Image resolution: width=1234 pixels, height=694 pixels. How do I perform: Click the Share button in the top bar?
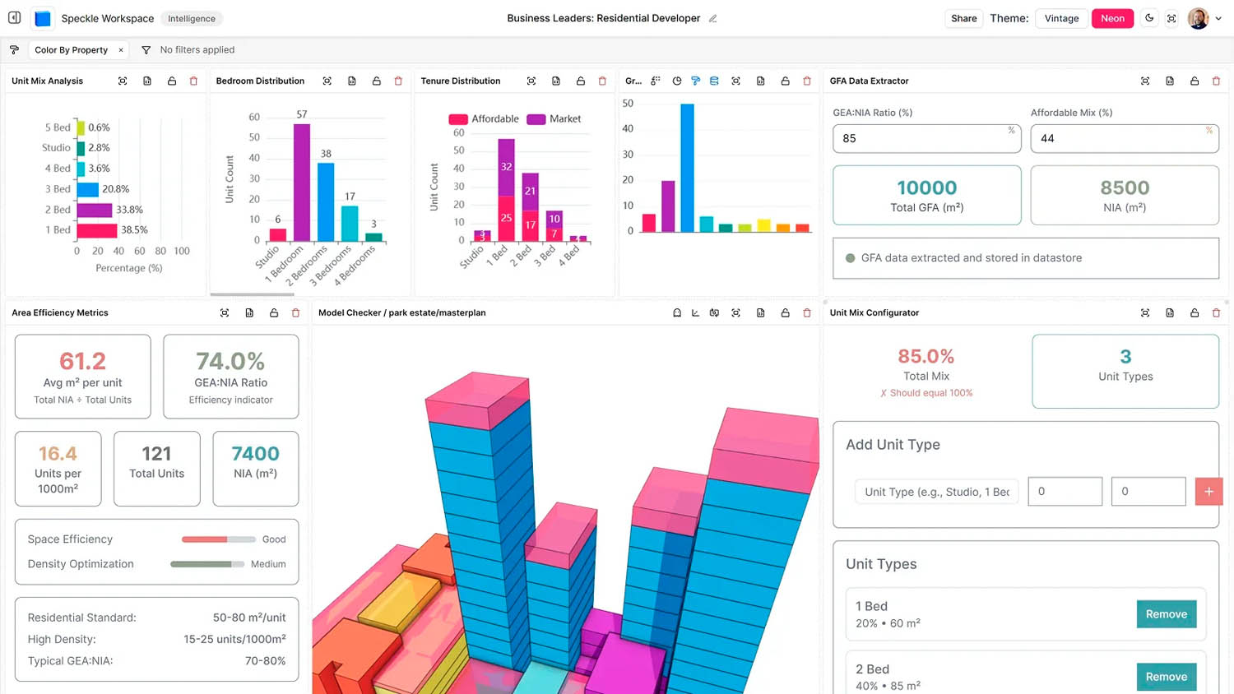[x=963, y=18]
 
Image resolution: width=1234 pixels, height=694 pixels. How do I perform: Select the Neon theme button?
[x=1112, y=18]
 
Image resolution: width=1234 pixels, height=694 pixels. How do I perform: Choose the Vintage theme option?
[x=1061, y=18]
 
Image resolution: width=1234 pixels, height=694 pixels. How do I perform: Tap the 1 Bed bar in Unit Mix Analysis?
[x=97, y=230]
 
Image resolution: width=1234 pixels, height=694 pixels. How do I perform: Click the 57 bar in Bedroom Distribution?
[x=302, y=182]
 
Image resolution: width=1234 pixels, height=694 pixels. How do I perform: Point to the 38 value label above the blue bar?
[x=326, y=154]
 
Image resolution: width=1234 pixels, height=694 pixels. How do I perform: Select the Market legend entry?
[x=554, y=119]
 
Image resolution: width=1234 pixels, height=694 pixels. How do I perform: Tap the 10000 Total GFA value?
[x=926, y=188]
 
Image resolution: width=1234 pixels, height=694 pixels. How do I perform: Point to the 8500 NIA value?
[x=1125, y=188]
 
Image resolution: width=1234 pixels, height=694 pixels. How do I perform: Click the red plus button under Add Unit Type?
[x=1208, y=492]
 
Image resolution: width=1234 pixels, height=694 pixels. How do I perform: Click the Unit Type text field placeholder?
[x=936, y=492]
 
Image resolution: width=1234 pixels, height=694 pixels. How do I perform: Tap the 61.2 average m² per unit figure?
[x=82, y=361]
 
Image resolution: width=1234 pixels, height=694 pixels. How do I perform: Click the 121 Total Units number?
[x=156, y=454]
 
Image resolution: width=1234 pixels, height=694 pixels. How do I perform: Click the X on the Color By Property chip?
[x=121, y=50]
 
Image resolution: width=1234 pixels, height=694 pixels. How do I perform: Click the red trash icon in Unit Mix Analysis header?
[x=194, y=81]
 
